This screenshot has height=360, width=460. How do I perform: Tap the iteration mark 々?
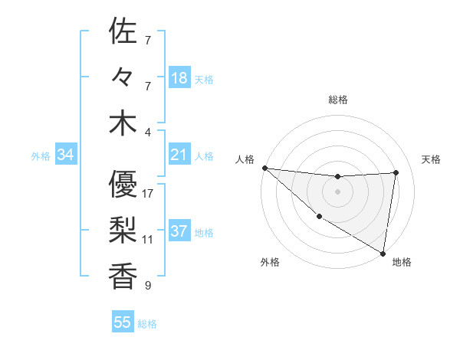click(123, 78)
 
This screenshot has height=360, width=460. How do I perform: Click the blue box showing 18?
click(179, 77)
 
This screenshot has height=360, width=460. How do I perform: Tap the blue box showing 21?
click(179, 155)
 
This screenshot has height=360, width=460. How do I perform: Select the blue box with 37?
click(179, 232)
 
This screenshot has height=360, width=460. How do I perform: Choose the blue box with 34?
click(65, 155)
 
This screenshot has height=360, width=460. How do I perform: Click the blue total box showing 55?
click(123, 322)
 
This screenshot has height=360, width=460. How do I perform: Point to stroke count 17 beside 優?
click(148, 194)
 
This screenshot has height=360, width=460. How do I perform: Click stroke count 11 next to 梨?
click(148, 239)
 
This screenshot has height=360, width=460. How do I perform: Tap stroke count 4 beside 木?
click(148, 131)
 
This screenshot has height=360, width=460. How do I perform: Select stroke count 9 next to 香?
click(148, 286)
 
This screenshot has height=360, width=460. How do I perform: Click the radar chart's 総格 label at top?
click(337, 100)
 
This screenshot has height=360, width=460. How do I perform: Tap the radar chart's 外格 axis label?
click(269, 263)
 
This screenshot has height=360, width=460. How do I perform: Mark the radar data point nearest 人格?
click(264, 167)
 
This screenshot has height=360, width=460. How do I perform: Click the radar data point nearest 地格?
click(383, 253)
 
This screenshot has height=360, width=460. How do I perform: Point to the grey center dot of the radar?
click(337, 191)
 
